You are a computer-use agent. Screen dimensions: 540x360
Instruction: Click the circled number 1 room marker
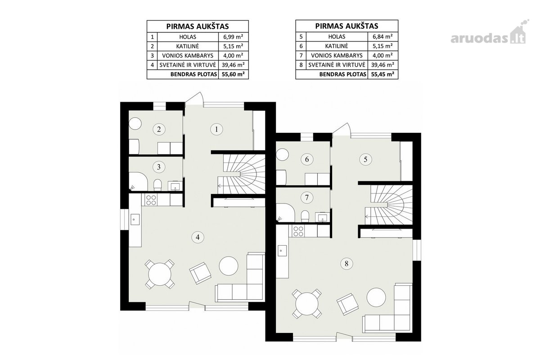[x=216, y=130]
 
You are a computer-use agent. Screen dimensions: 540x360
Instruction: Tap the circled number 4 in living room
[x=198, y=237]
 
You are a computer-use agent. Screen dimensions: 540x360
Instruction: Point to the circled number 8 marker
[x=346, y=264]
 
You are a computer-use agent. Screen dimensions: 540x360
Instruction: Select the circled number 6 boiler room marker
[x=307, y=159]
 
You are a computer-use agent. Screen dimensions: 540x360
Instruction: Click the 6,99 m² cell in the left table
[x=233, y=37]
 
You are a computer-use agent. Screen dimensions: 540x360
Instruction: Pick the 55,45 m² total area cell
[x=382, y=74]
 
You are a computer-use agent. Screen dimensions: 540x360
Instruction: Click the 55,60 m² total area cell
[x=233, y=74]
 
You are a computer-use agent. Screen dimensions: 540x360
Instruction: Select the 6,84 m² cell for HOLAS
[x=382, y=36]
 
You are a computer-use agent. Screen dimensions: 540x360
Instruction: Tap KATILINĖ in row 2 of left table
[x=188, y=46]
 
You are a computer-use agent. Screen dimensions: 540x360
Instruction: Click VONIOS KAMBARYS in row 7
[x=337, y=55]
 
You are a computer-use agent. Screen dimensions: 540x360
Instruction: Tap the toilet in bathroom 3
[x=157, y=184]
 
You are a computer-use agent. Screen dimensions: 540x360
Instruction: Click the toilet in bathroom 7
[x=305, y=216]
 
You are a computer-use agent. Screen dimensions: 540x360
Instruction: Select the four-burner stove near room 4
[x=151, y=200]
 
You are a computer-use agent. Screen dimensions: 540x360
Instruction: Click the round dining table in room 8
[x=307, y=304]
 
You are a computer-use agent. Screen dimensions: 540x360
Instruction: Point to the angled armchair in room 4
[x=200, y=273]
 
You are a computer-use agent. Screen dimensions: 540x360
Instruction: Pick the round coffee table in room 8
[x=376, y=297]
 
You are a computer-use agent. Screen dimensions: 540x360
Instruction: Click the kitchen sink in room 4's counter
[x=135, y=220]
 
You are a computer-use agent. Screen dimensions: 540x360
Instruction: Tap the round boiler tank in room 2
[x=135, y=123]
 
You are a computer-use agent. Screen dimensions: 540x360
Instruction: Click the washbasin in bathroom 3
[x=175, y=186]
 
